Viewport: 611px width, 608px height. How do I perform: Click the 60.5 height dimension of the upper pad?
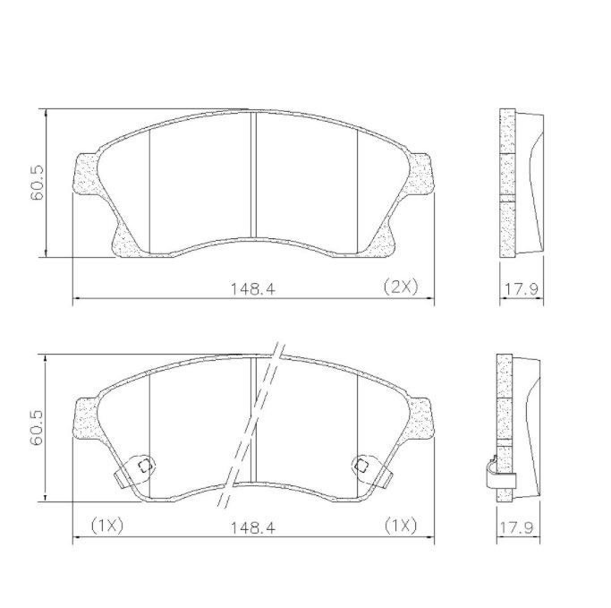pos(38,183)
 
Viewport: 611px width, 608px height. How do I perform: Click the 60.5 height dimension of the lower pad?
pos(38,427)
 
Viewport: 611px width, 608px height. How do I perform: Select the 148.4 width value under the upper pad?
pos(253,289)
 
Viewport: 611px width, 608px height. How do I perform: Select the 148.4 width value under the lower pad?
pos(253,528)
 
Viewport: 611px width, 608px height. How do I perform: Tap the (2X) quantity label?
pos(401,287)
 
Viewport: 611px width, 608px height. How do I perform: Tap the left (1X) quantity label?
pos(107,526)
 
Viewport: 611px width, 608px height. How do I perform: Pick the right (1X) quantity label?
pos(401,526)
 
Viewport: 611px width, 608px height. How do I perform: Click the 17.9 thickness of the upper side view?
pos(522,289)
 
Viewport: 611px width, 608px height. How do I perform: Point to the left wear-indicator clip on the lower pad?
pos(135,471)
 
